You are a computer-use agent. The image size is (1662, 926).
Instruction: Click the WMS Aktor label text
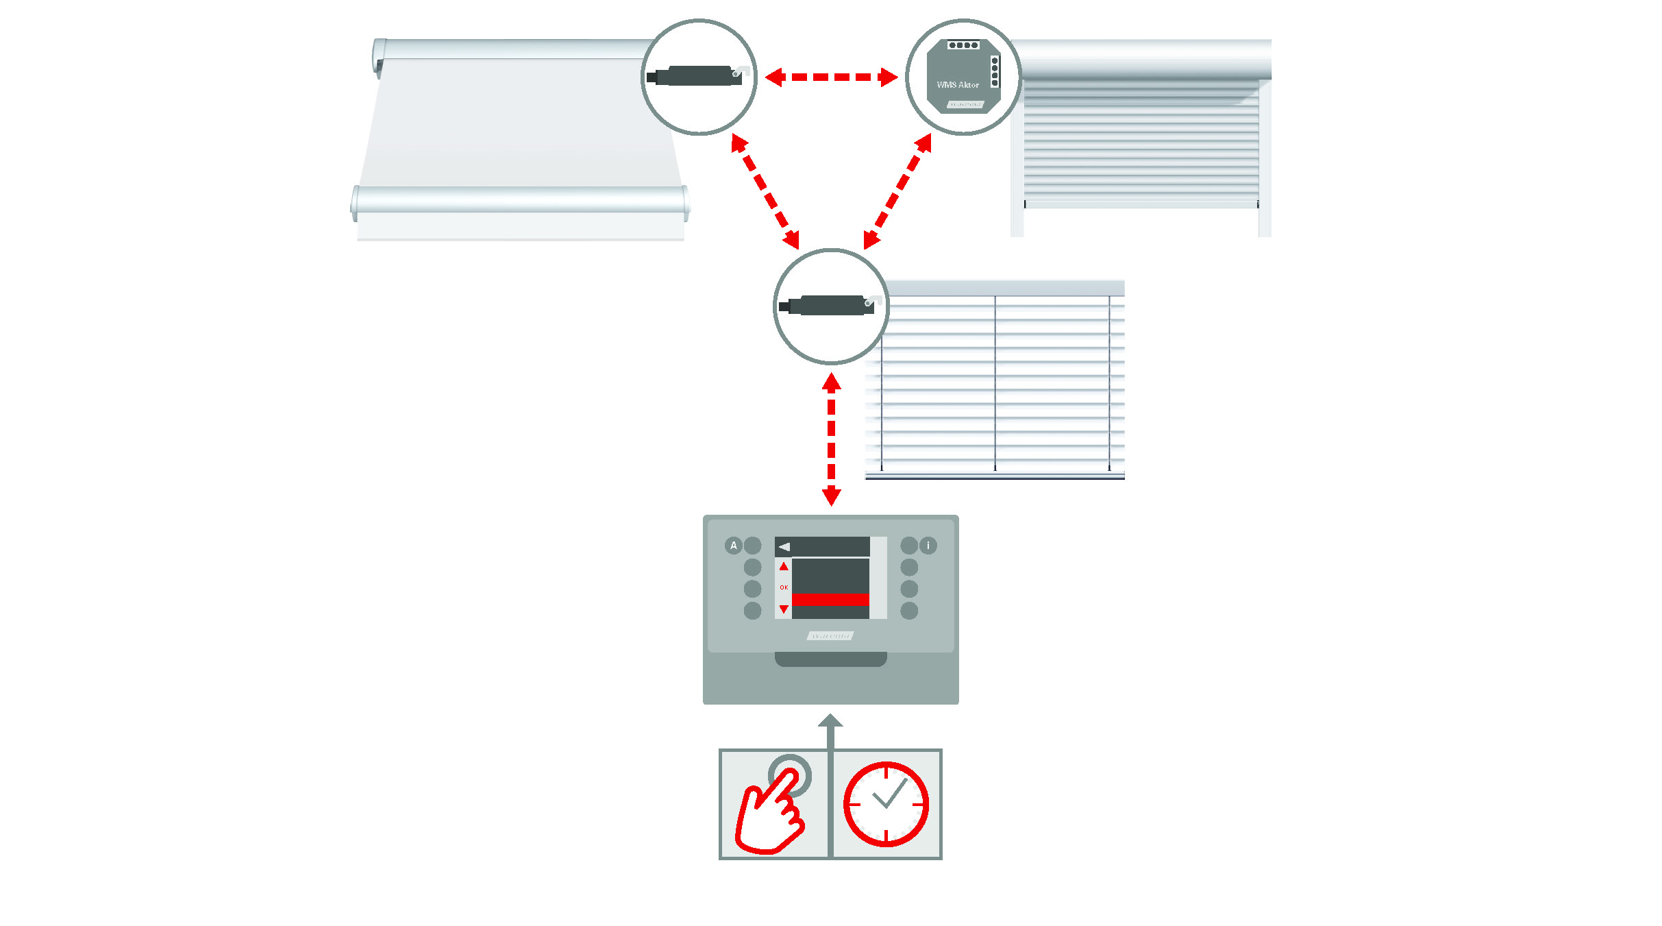point(957,85)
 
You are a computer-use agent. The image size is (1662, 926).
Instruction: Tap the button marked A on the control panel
point(733,546)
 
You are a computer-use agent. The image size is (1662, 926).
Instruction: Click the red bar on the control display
point(830,599)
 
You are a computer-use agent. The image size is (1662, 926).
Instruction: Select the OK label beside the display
point(784,587)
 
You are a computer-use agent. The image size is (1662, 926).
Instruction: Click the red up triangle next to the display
point(784,566)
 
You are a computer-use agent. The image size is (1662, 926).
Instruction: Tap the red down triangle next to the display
point(784,609)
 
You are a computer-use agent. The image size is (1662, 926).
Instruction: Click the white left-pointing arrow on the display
point(784,546)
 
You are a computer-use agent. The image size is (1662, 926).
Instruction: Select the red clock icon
point(886,804)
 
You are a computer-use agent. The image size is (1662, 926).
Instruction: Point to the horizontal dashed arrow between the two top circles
point(831,77)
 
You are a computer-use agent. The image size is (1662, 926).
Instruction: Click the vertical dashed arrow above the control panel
point(831,439)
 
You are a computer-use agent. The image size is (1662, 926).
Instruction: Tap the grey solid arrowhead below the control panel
point(830,721)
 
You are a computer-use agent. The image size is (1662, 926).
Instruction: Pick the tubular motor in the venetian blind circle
point(829,306)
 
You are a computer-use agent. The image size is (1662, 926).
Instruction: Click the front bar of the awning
point(520,199)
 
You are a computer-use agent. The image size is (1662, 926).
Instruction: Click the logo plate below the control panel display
point(830,636)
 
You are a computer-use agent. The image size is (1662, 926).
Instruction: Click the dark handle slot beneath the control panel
point(830,659)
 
